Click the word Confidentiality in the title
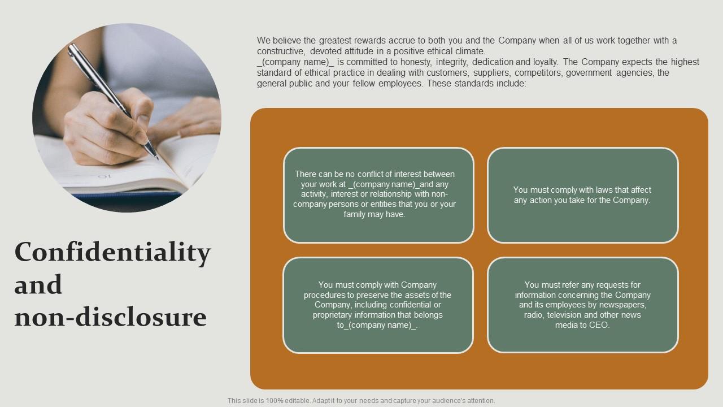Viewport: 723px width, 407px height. coord(112,253)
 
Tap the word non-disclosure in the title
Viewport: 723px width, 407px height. coord(110,317)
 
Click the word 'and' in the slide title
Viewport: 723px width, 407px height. coord(38,285)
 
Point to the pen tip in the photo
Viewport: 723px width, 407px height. coord(156,158)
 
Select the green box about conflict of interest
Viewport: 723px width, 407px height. coord(378,195)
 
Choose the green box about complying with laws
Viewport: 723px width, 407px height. coord(582,195)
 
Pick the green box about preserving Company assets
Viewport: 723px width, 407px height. coord(378,305)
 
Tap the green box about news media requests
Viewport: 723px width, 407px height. coord(582,305)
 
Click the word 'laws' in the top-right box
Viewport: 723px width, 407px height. coord(598,190)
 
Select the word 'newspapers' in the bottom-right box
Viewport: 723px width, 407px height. coord(625,305)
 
